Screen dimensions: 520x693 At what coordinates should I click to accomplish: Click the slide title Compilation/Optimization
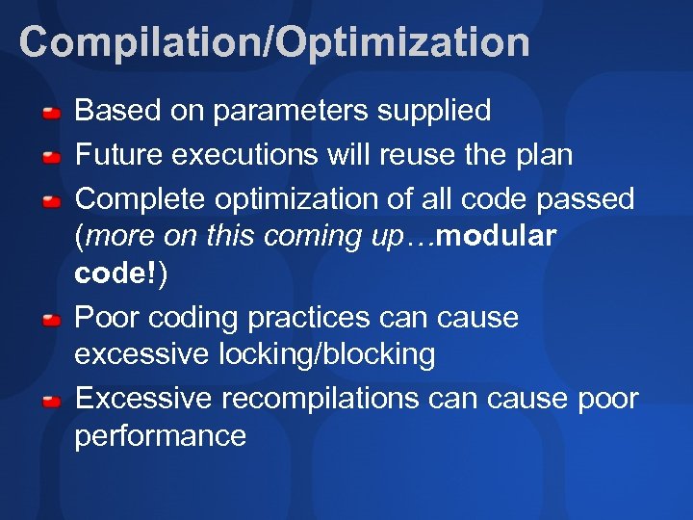pyautogui.click(x=274, y=43)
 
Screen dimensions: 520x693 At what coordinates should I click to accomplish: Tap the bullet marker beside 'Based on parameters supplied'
pyautogui.click(x=54, y=113)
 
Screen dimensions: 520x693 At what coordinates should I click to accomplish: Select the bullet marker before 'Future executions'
pyautogui.click(x=54, y=157)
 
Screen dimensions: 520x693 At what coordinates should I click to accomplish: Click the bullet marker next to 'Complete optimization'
pyautogui.click(x=54, y=201)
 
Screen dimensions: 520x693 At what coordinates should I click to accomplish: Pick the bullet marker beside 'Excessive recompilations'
pyautogui.click(x=54, y=400)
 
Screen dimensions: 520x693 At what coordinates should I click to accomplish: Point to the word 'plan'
pyautogui.click(x=543, y=155)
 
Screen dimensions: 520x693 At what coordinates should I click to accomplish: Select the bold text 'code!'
pyautogui.click(x=116, y=274)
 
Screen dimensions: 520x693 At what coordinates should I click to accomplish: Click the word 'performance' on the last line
pyautogui.click(x=161, y=436)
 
